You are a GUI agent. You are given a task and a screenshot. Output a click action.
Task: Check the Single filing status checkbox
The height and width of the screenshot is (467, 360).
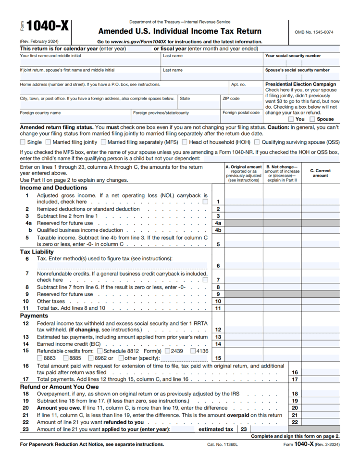tap(23, 142)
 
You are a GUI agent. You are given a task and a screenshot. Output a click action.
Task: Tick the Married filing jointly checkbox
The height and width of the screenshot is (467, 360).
tap(48, 142)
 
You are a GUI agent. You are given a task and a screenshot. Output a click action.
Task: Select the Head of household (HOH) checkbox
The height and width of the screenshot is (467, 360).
tap(185, 142)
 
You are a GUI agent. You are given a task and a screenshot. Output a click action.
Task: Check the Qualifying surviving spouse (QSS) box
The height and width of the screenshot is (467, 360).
tap(257, 142)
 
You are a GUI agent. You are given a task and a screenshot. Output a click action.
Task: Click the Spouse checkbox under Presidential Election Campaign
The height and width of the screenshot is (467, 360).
tap(312, 119)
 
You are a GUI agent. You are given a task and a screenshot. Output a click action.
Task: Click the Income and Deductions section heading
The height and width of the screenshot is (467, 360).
tap(53, 188)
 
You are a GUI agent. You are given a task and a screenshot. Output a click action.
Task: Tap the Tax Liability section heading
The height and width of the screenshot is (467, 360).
tap(37, 252)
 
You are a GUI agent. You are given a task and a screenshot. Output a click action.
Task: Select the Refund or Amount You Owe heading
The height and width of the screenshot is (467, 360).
tap(59, 387)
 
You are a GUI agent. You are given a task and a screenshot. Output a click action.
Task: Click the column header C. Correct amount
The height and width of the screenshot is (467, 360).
tap(320, 173)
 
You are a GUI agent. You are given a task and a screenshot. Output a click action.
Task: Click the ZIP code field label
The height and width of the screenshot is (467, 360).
tap(231, 98)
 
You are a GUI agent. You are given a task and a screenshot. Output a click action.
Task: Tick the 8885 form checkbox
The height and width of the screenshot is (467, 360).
tap(65, 358)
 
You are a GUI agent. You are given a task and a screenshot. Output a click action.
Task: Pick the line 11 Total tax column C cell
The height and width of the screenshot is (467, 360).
tap(320, 308)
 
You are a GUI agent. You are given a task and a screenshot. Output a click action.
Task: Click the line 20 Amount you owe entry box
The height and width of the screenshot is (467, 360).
tap(320, 408)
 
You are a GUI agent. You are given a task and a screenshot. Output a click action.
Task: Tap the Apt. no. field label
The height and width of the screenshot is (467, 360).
tap(238, 84)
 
